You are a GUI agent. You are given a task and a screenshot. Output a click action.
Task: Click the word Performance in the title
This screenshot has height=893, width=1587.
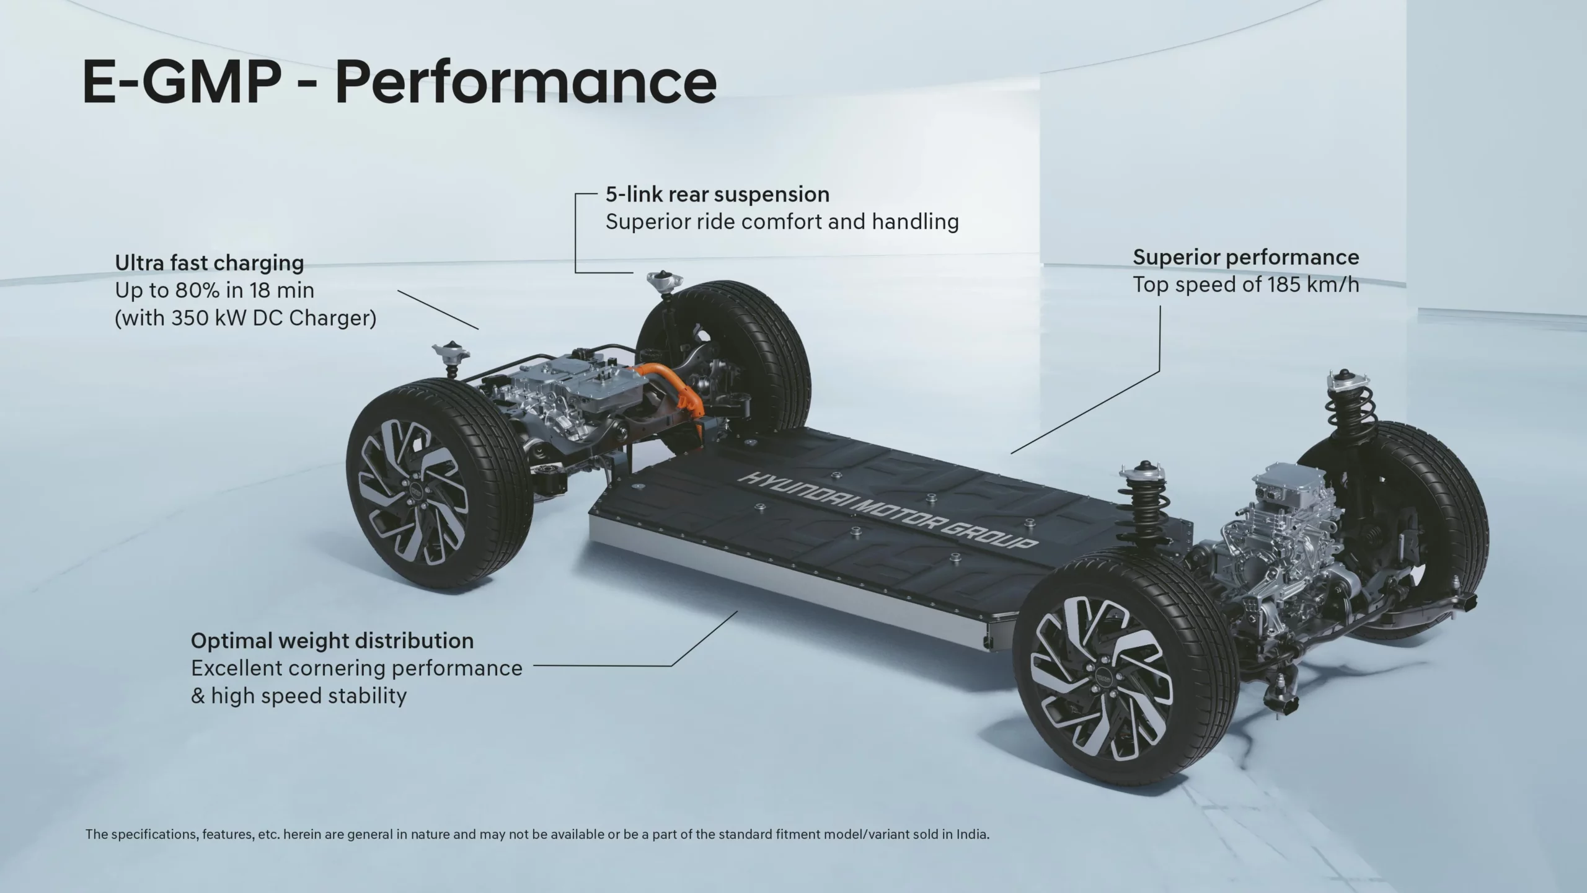[x=526, y=83]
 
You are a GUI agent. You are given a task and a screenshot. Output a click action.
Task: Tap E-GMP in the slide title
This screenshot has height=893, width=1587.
[x=180, y=83]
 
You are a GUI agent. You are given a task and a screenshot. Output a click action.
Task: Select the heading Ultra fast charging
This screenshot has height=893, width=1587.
[x=210, y=263]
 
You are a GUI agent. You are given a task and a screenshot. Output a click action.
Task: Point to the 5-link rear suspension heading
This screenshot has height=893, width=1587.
[x=717, y=195]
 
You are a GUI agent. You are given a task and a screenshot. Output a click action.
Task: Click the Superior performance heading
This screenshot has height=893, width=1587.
[x=1246, y=257]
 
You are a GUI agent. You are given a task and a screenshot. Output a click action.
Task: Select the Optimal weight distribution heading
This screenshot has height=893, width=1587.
[x=332, y=641]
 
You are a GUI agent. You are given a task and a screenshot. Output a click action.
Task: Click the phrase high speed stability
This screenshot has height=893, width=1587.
[x=309, y=696]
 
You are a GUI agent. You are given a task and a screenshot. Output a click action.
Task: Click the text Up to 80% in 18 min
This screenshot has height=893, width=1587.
[x=214, y=290]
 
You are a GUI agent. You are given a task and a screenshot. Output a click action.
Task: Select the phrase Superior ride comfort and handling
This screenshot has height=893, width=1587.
[x=782, y=222]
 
